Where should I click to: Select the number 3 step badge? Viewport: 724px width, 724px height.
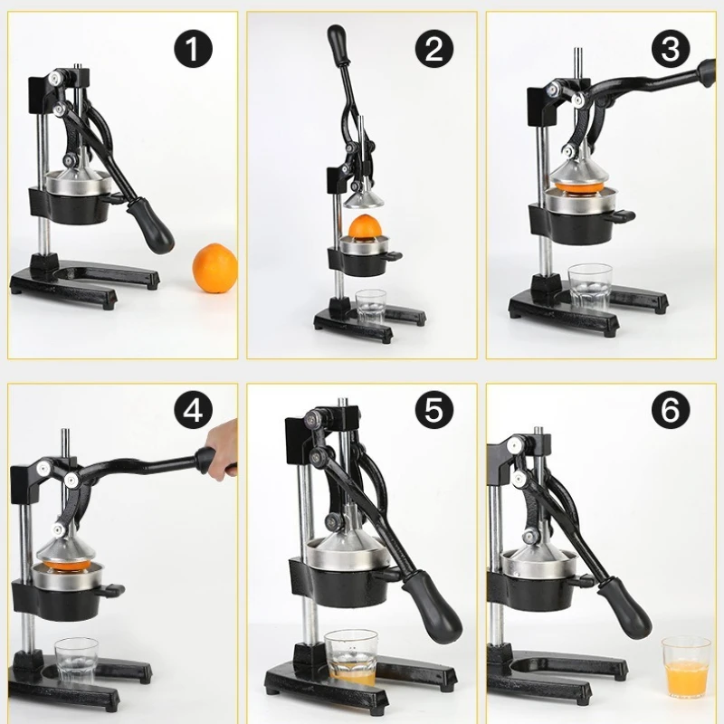[x=670, y=49]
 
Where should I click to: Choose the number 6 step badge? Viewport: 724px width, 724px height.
[x=670, y=413]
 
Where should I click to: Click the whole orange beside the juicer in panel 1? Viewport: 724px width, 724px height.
[x=215, y=266]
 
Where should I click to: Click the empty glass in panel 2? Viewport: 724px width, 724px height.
[x=371, y=307]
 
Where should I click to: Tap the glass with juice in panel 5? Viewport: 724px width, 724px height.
[x=351, y=658]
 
